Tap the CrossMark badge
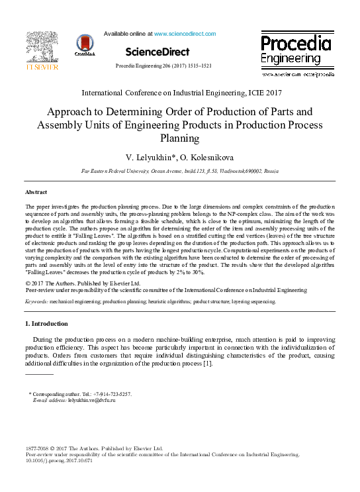(85, 45)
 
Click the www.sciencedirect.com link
(185, 33)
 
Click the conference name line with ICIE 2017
(181, 93)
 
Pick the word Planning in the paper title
(180, 138)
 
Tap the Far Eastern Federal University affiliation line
(181, 171)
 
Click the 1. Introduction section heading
(46, 324)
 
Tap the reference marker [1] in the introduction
(207, 364)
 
